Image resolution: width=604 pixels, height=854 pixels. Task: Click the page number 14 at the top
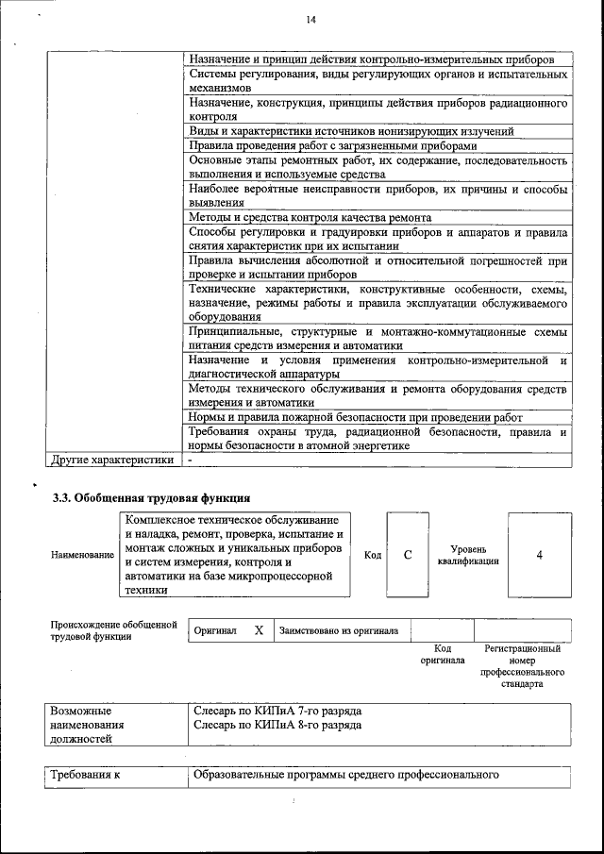311,20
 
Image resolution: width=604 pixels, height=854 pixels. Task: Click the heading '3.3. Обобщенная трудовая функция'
151,496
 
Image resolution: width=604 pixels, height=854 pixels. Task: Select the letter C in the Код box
408,555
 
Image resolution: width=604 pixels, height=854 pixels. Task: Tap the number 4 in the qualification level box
539,555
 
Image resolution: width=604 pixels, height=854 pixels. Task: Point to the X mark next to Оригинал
259,629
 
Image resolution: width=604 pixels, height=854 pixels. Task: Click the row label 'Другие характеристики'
111,460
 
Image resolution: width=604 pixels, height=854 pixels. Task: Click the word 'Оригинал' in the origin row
214,630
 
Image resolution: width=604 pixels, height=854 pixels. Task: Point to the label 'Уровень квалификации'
468,555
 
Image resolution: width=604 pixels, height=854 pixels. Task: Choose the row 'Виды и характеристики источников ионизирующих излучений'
351,131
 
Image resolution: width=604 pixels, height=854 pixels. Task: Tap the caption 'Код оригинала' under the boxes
443,655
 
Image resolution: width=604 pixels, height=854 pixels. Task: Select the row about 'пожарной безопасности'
355,416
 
